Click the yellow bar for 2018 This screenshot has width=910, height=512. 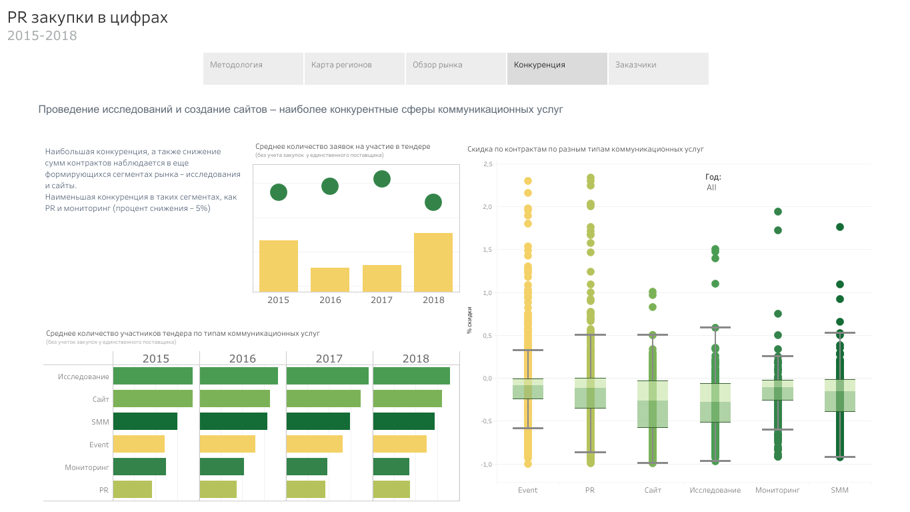[433, 262]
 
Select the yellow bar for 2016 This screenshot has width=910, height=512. [330, 279]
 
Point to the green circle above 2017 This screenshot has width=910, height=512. [382, 179]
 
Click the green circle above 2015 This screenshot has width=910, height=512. [279, 192]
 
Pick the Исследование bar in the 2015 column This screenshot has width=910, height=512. [153, 376]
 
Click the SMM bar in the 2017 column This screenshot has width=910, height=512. [318, 421]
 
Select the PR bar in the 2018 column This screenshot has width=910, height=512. [391, 489]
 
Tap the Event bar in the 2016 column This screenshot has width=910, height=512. [227, 444]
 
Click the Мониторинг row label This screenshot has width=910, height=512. [87, 467]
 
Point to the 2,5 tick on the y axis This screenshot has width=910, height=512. [487, 164]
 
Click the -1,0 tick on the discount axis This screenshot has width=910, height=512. [485, 464]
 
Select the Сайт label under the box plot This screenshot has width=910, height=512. [653, 490]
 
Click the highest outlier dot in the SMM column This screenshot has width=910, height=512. [840, 227]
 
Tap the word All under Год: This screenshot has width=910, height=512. [711, 188]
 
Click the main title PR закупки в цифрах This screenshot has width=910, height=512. [87, 18]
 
